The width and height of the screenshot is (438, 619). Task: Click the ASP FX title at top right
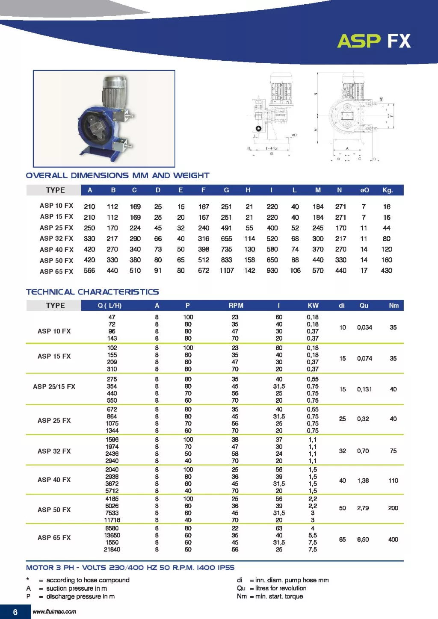(x=373, y=41)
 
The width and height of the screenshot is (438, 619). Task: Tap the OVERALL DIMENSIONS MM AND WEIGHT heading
(x=118, y=175)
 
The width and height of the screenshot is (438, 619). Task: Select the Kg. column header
(x=388, y=190)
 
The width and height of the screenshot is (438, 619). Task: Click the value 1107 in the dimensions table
(x=227, y=271)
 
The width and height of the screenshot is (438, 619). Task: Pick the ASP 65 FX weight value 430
(x=387, y=271)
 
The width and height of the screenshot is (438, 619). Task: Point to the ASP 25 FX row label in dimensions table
(x=56, y=228)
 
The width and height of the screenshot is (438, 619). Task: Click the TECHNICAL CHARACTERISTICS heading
(x=92, y=292)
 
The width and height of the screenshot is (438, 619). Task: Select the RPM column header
(x=236, y=306)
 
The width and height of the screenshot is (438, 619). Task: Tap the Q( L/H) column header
(x=109, y=306)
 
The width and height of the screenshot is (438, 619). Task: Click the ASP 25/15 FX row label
(x=54, y=387)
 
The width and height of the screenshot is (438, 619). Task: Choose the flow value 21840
(x=112, y=549)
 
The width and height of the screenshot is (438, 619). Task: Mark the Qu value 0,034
(x=364, y=327)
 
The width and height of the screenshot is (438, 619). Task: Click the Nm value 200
(x=393, y=508)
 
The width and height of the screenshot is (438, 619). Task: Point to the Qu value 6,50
(x=363, y=539)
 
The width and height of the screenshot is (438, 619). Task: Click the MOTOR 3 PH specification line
(x=130, y=568)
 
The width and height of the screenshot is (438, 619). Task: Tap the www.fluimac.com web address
(x=54, y=612)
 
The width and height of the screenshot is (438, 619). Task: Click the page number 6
(x=15, y=612)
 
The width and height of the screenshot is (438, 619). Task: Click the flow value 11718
(x=112, y=520)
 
